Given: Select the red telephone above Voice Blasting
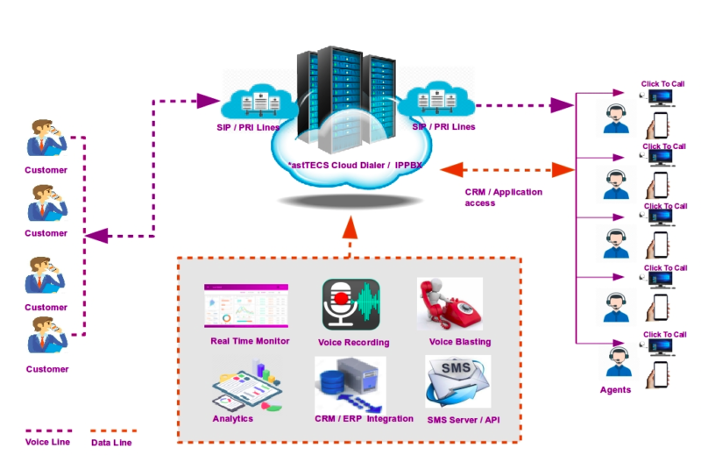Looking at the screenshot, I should click(449, 304).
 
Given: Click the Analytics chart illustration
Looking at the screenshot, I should click(247, 387).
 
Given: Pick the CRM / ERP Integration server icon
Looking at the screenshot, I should click(350, 384).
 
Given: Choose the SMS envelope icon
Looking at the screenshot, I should click(457, 381).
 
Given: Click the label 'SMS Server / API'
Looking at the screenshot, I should click(464, 420).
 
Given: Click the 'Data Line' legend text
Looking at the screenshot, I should click(112, 443).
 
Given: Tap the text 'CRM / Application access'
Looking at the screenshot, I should click(503, 197).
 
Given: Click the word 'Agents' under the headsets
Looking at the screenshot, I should click(615, 389).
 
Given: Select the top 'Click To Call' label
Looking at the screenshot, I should click(662, 84).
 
